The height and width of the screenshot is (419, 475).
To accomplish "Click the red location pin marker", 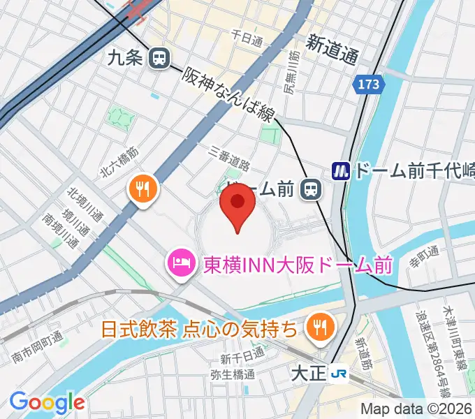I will coord(237,207).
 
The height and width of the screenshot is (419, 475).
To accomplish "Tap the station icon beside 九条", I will coord(160,58).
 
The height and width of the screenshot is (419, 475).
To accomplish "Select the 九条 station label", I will coord(126,58).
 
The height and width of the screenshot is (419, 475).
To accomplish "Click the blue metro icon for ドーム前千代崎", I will coord(341,170).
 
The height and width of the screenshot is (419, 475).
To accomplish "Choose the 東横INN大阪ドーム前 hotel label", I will coord(298,265).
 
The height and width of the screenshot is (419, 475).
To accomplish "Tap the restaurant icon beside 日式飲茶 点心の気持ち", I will coord(321,327).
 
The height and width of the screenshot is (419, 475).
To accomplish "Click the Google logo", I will coord(47,402).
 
